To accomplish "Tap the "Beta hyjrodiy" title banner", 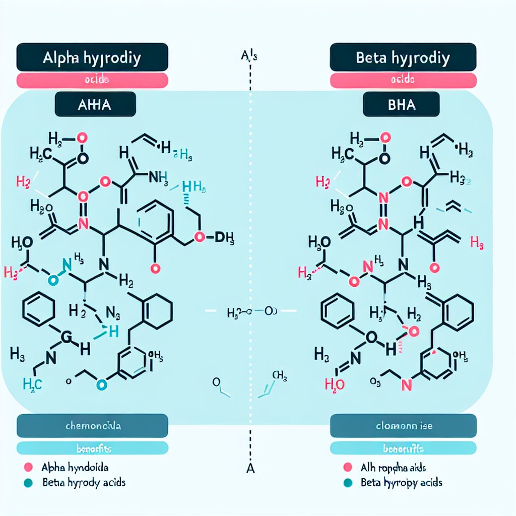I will coord(403,58).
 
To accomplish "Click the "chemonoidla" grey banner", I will coord(92,426).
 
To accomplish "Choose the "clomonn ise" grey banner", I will coord(403,426).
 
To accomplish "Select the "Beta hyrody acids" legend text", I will coord(84,482).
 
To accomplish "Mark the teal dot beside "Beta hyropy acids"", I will coord(346,482).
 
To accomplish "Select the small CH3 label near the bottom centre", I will coord(279,375).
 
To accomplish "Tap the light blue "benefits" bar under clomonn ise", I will coord(403,448).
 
